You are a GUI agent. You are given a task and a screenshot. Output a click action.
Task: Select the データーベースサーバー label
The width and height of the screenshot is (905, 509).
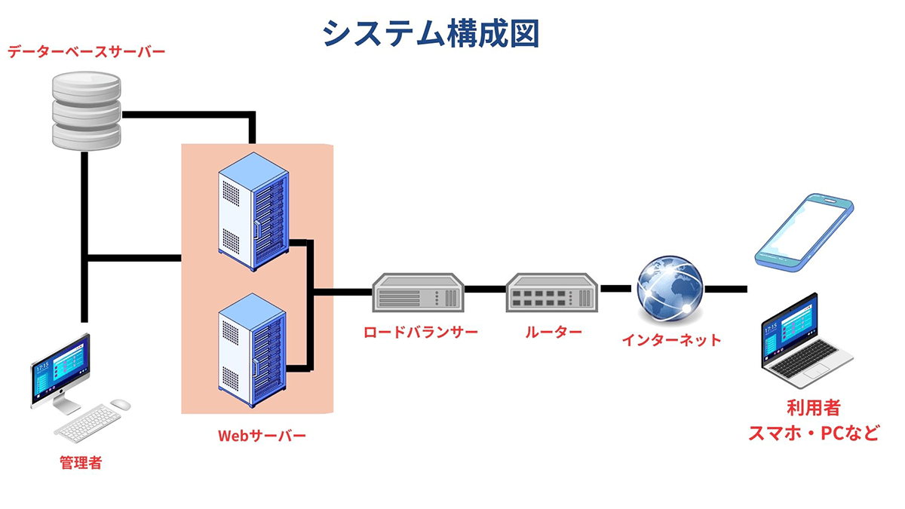(86, 52)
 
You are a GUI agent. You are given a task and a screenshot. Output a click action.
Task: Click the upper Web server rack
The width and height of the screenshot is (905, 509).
(253, 214)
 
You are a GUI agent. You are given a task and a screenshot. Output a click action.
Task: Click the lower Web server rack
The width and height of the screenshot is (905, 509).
(253, 344)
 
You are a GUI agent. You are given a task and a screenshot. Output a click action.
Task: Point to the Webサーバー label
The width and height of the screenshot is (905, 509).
(262, 436)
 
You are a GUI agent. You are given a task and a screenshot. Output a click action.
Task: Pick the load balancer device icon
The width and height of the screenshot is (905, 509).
(418, 292)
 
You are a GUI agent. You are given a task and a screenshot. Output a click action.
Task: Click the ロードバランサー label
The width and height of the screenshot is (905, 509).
(420, 333)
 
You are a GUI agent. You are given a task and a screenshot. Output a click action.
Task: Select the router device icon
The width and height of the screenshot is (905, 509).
(553, 292)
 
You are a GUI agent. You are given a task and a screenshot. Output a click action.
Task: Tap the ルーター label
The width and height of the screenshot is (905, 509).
(554, 333)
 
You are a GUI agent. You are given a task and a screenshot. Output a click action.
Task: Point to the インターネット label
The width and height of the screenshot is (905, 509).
(671, 340)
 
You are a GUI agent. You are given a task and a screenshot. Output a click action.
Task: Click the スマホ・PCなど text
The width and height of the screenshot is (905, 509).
(812, 434)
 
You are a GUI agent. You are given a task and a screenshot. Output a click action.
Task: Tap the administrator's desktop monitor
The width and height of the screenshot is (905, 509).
(60, 371)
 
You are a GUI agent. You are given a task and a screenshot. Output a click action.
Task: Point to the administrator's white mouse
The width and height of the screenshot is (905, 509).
(120, 405)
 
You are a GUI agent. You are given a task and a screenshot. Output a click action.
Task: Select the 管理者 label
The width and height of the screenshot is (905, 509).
(81, 463)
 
